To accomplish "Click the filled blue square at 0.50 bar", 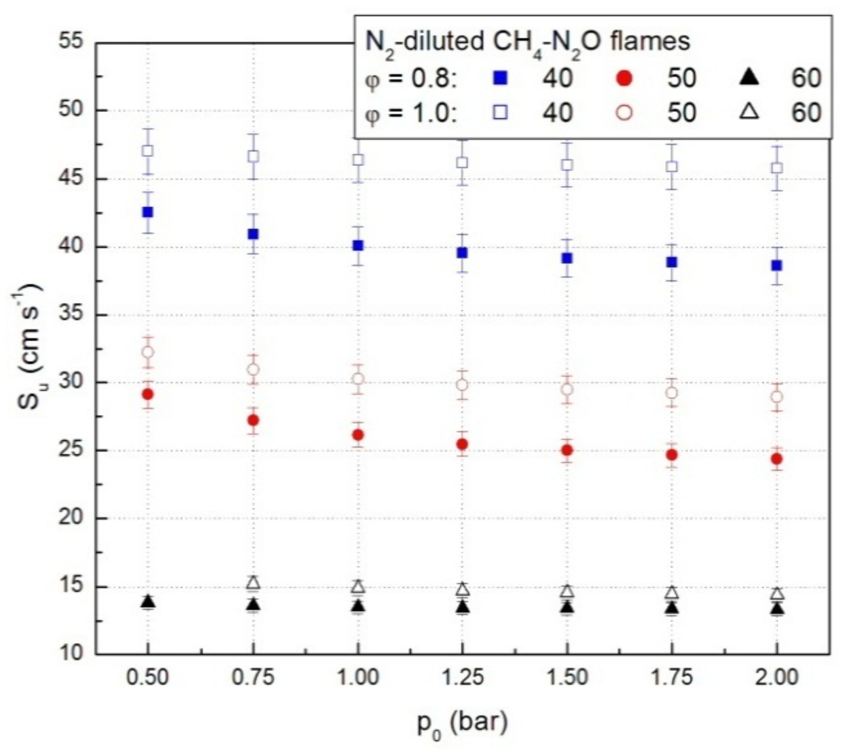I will pyautogui.click(x=148, y=212).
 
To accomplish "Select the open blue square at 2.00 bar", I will pyautogui.click(x=777, y=168).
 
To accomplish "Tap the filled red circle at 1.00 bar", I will pyautogui.click(x=358, y=435).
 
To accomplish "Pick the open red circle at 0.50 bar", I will pyautogui.click(x=148, y=352).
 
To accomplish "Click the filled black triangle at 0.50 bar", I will pyautogui.click(x=148, y=601).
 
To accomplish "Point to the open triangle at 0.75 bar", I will pyautogui.click(x=253, y=582).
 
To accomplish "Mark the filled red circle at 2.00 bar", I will pyautogui.click(x=777, y=459).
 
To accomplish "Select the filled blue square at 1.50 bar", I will pyautogui.click(x=567, y=259).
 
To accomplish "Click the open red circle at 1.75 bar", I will pyautogui.click(x=672, y=393).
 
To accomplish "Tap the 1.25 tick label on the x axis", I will pyautogui.click(x=462, y=678).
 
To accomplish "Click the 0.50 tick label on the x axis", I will pyautogui.click(x=147, y=678).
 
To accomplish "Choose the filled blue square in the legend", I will pyautogui.click(x=500, y=78).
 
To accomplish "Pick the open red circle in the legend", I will pyautogui.click(x=624, y=112).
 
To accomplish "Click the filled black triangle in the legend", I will pyautogui.click(x=750, y=78).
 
